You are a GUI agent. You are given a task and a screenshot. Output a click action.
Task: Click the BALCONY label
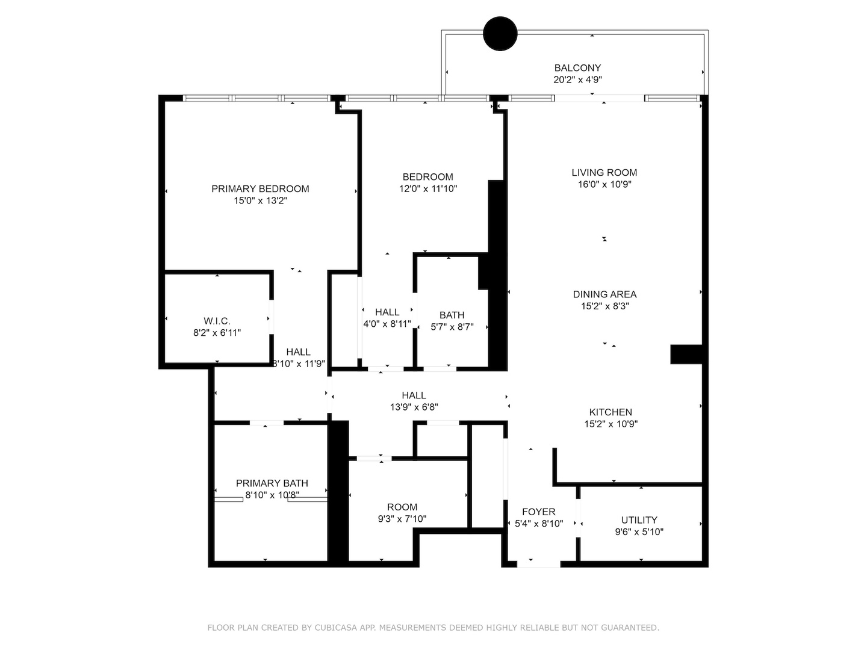(577, 68)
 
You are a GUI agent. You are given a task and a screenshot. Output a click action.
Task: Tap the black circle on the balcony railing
(500, 34)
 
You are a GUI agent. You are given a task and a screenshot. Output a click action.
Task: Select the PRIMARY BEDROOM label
(260, 189)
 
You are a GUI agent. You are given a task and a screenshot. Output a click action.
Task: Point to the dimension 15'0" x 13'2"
(260, 201)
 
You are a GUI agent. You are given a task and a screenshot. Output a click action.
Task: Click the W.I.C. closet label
(217, 321)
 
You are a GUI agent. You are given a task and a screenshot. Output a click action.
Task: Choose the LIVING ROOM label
(604, 173)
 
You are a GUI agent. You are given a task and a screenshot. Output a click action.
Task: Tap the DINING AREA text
(604, 294)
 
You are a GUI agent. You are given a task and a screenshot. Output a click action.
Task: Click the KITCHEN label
(611, 412)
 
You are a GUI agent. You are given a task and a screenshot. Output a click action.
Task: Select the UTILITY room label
(639, 520)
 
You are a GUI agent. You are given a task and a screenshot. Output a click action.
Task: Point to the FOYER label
(538, 512)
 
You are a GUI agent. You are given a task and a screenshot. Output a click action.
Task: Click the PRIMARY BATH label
(272, 483)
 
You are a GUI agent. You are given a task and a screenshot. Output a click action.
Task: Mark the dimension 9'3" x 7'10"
(402, 519)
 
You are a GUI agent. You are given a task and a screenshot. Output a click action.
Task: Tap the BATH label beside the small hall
(452, 315)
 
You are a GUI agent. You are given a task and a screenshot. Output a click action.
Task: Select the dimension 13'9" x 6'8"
(414, 407)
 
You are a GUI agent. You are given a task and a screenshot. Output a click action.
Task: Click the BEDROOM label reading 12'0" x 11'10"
(427, 177)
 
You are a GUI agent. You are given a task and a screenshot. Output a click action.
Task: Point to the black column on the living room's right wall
(686, 354)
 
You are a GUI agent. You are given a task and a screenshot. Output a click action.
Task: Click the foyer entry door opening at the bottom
(538, 564)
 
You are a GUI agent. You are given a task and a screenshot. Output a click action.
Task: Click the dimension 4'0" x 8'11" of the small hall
(387, 324)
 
